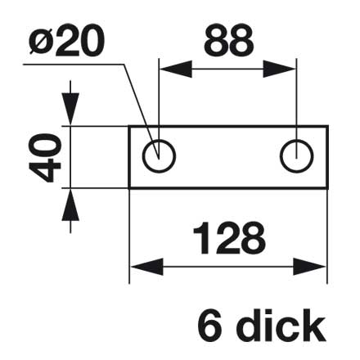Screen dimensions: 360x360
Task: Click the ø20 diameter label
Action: pos(66,41)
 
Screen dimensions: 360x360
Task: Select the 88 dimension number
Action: pos(228,40)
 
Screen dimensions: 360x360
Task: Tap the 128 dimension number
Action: pos(228,238)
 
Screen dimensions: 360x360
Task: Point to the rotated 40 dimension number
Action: pos(45,158)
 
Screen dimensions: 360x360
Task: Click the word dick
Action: pos(281,325)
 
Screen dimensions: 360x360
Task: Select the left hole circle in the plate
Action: pos(159,156)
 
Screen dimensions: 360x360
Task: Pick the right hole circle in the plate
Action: pos(297,156)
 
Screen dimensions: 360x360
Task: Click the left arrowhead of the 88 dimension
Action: pos(175,69)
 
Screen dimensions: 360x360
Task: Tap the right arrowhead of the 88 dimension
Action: pos(280,69)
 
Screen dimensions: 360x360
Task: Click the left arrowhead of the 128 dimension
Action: pos(146,267)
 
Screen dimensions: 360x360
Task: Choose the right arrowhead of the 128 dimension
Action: pos(310,267)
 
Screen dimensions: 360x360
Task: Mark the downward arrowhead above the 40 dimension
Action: pos(70,109)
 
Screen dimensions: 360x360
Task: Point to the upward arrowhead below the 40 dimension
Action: pos(70,205)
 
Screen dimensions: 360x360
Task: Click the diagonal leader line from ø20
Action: pos(141,111)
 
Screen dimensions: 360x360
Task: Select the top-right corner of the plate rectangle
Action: pos(327,127)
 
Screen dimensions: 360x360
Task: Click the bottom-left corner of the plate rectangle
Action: pos(129,188)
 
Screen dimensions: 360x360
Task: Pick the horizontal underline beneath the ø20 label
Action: pos(74,65)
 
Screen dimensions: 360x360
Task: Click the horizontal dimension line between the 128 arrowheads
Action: pos(228,267)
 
